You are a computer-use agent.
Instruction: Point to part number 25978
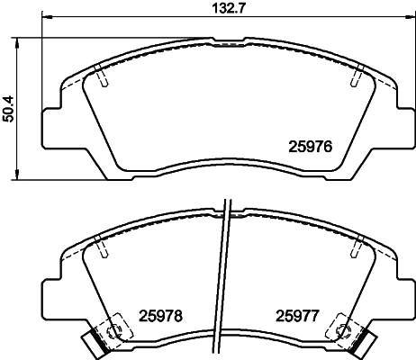(161, 315)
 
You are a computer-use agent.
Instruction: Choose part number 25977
(298, 315)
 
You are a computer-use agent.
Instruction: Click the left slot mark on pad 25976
(104, 79)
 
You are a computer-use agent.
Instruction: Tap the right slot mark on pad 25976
(353, 79)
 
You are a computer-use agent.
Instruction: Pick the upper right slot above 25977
(358, 242)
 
